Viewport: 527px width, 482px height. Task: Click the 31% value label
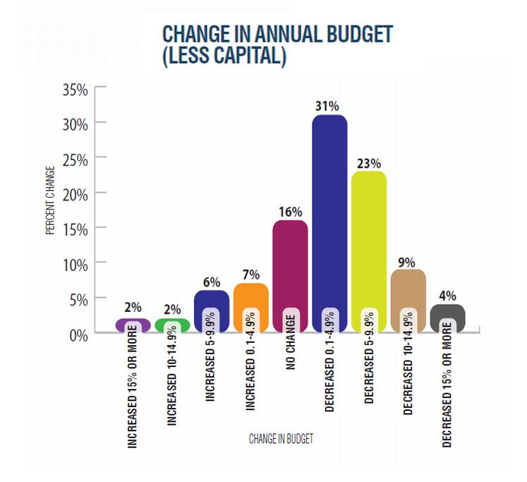329,106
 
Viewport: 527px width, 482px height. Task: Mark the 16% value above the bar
290,211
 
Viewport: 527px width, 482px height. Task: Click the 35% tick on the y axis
75,90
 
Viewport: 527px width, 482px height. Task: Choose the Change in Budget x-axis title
281,438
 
